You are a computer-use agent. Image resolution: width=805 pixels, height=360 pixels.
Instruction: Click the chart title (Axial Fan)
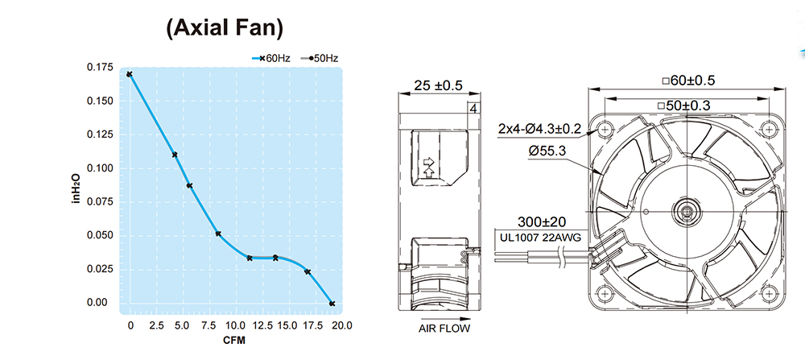click(x=225, y=28)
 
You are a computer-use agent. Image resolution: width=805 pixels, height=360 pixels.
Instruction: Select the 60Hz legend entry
click(x=271, y=59)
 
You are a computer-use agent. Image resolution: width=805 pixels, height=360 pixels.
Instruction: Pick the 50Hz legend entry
click(x=319, y=59)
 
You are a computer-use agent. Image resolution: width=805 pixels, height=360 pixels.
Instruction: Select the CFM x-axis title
click(x=233, y=341)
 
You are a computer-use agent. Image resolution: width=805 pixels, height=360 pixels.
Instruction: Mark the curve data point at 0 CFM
click(x=130, y=74)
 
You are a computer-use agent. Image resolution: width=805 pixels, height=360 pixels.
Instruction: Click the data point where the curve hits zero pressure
click(x=332, y=304)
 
